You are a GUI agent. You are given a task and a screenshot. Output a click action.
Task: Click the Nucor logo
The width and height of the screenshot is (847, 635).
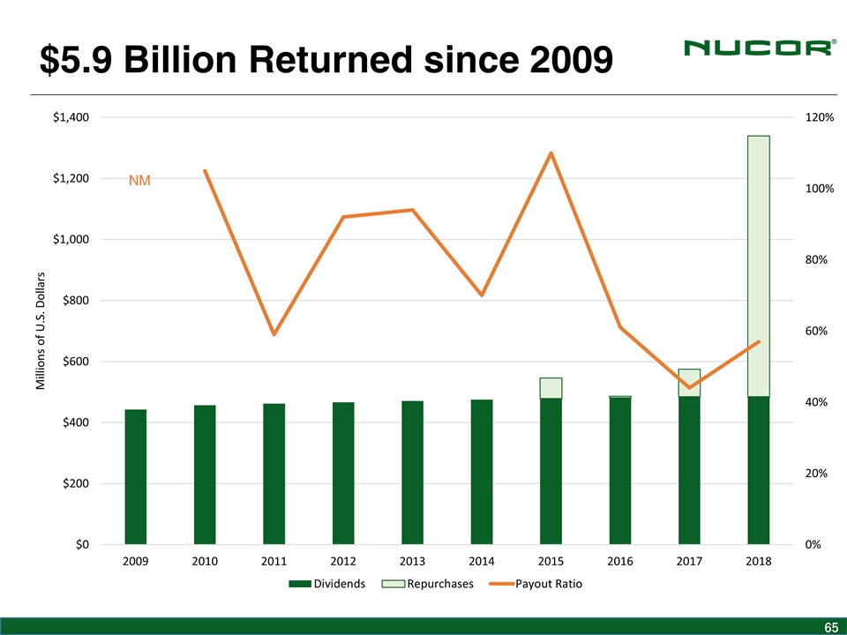[758, 49]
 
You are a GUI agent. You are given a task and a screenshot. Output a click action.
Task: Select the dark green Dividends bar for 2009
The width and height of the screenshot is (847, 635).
[135, 476]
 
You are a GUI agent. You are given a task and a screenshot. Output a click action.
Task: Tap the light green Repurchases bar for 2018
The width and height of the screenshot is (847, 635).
[759, 265]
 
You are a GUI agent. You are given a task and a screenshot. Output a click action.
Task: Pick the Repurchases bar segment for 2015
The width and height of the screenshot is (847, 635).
[551, 388]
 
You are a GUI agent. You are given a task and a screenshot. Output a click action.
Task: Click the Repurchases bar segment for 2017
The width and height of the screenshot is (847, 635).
[689, 383]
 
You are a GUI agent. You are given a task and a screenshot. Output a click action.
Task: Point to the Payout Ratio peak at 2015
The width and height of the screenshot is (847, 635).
[551, 153]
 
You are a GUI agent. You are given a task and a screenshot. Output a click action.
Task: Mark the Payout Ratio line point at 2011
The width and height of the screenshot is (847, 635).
[274, 334]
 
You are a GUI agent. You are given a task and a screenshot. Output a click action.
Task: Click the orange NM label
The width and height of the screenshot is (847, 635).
[139, 181]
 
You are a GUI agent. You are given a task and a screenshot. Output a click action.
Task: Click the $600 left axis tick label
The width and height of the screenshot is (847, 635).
[77, 362]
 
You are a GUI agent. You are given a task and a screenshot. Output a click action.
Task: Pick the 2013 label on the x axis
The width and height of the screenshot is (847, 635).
[412, 562]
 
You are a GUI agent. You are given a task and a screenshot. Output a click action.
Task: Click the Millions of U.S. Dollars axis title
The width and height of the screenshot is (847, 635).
[41, 331]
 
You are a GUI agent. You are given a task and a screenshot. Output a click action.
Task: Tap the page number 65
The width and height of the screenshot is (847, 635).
[830, 627]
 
